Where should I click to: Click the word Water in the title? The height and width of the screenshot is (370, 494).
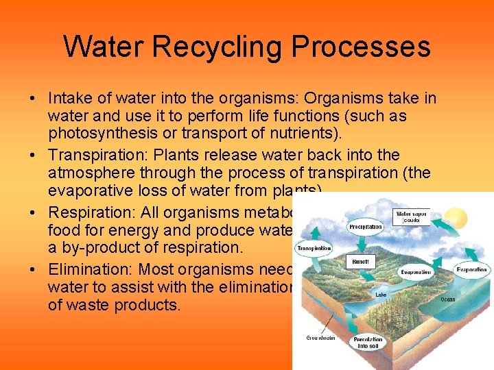(105, 47)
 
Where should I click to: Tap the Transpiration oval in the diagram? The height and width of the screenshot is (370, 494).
(313, 247)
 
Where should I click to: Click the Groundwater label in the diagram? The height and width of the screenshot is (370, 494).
(320, 338)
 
